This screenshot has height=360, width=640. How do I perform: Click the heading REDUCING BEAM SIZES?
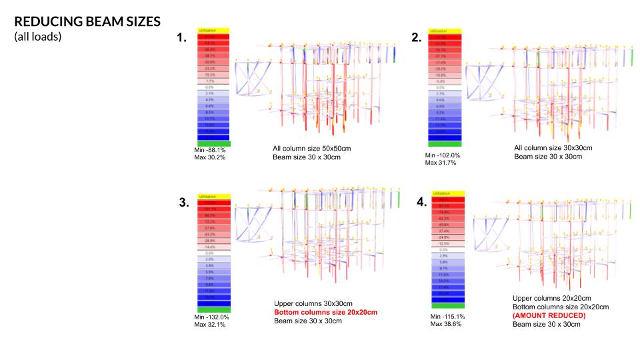[x=87, y=21]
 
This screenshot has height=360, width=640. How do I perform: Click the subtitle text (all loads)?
[x=38, y=37]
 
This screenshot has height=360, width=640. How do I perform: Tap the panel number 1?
[x=181, y=38]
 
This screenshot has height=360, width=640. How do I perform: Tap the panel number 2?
[x=417, y=38]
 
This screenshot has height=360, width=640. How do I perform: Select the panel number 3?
[x=184, y=203]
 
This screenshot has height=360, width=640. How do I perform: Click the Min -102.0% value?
[x=443, y=155]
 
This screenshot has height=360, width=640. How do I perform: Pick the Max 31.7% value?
[x=441, y=163]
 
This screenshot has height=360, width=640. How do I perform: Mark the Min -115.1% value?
[x=447, y=316]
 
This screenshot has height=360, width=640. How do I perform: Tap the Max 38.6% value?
[x=446, y=324]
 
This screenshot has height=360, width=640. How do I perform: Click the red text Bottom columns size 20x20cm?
[x=325, y=312]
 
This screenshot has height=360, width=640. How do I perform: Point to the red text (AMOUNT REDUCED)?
[x=549, y=315]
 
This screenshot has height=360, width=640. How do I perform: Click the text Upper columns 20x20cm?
[x=552, y=298]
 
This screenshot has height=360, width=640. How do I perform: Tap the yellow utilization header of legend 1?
[x=213, y=31]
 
